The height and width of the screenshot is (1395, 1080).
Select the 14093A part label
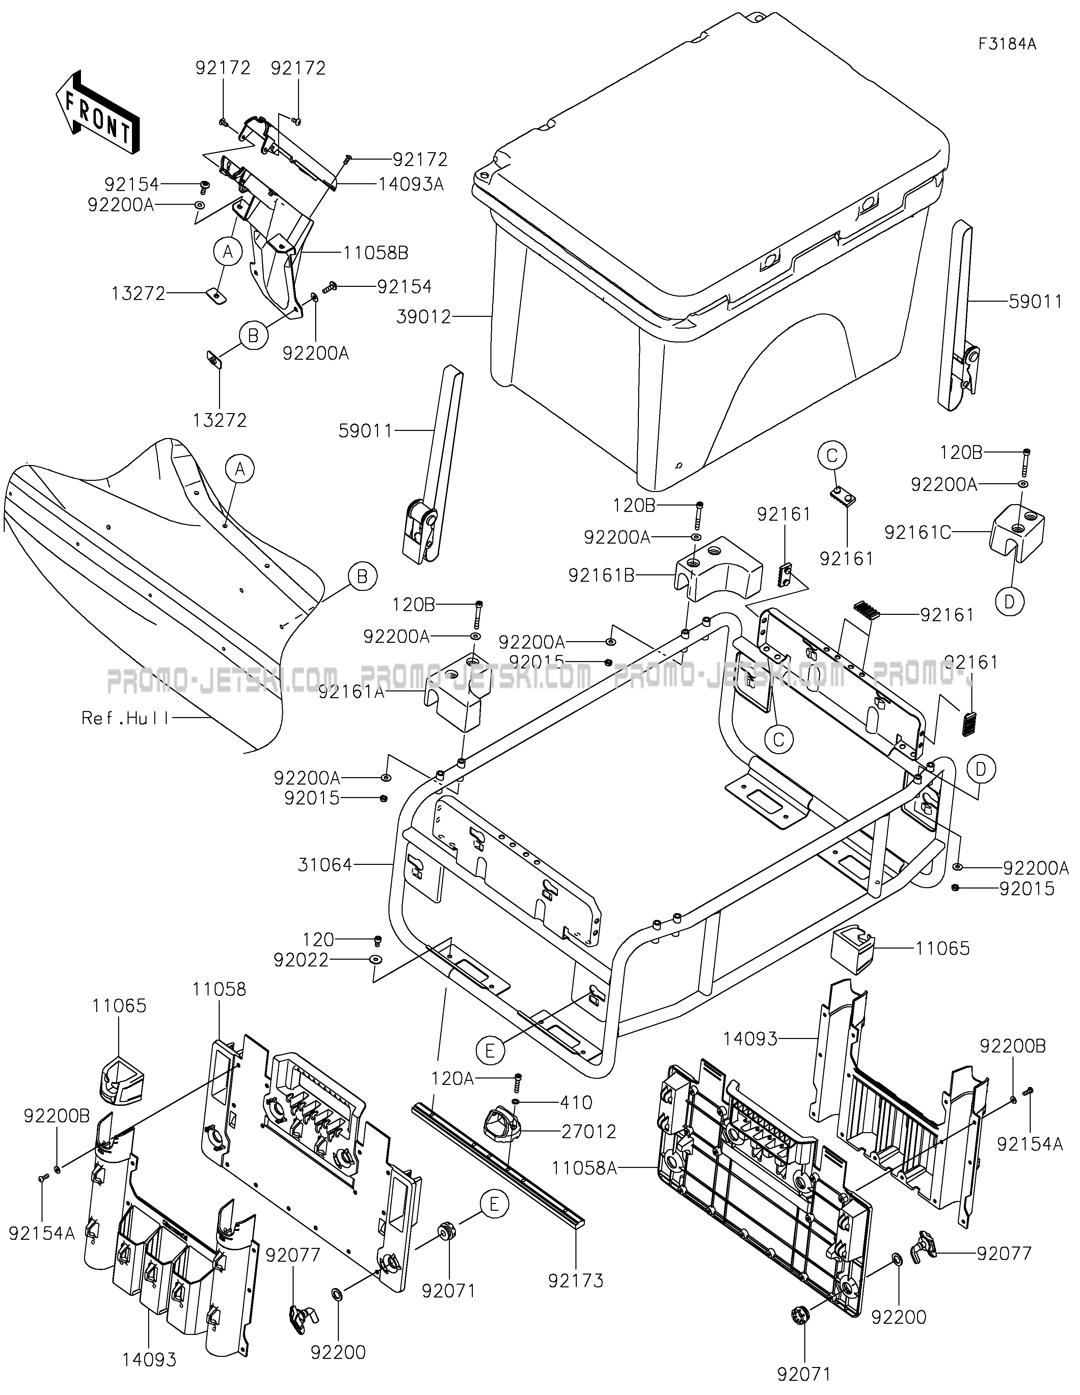(x=411, y=185)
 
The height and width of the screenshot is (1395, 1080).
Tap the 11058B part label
(x=376, y=253)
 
